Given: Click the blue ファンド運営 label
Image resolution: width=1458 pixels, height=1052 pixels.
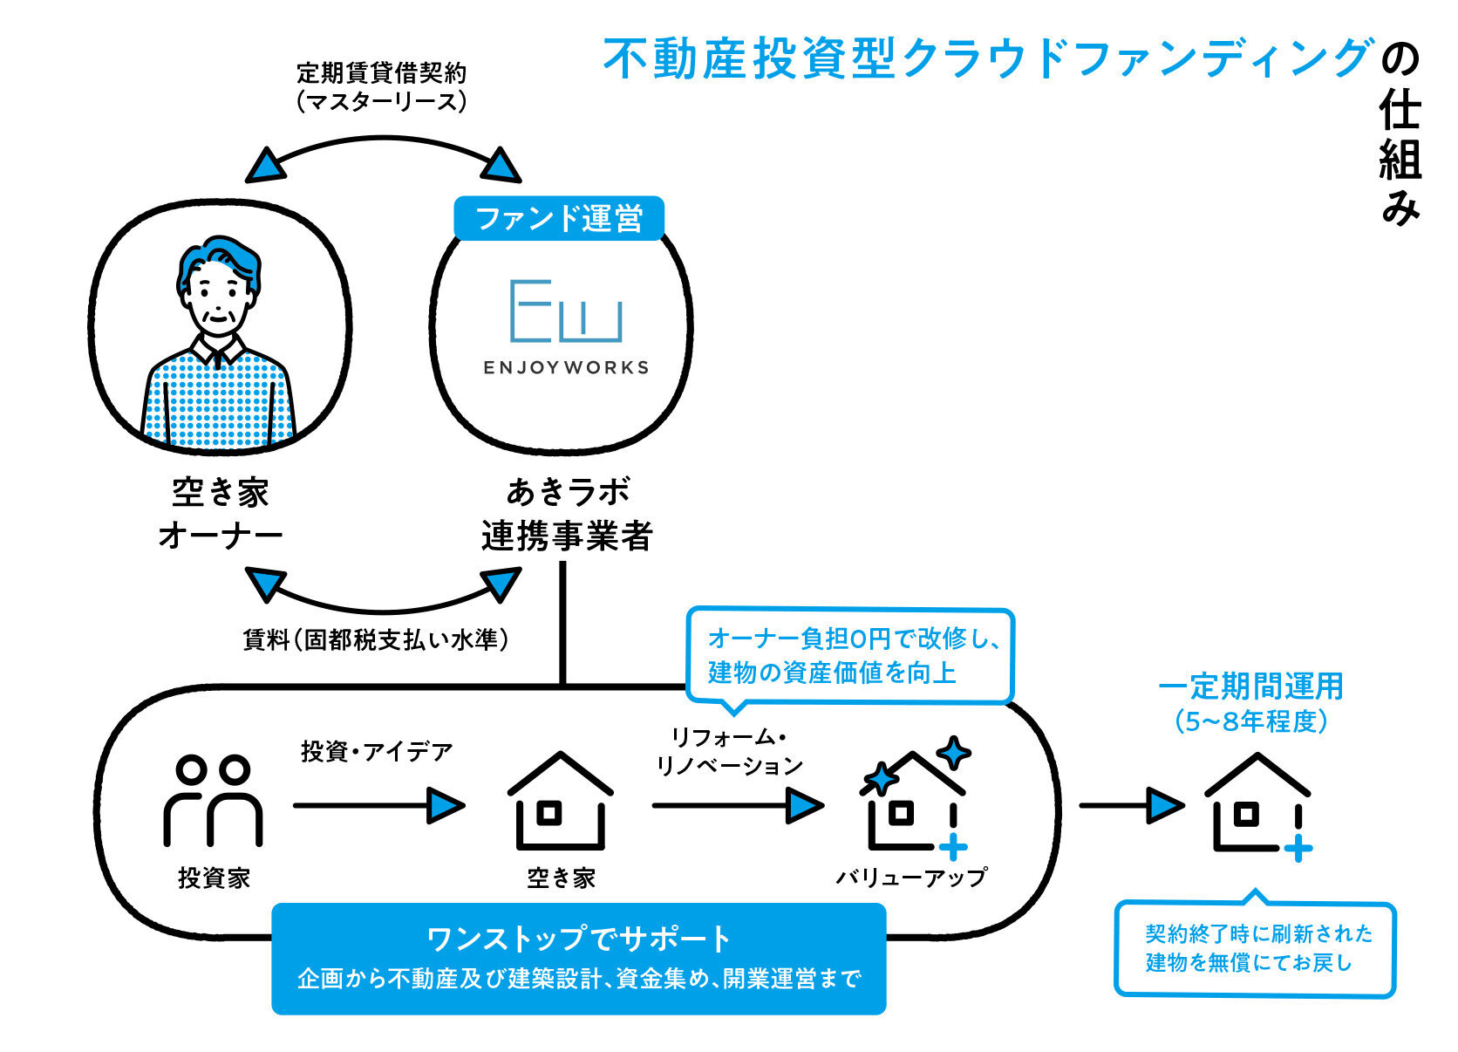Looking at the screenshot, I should pyautogui.click(x=559, y=217).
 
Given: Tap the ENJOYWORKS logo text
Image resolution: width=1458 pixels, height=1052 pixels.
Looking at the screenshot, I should pyautogui.click(x=566, y=367).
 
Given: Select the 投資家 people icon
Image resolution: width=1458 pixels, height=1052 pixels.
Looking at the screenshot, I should pyautogui.click(x=213, y=801).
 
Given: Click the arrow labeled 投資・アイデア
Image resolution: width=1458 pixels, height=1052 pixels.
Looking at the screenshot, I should pyautogui.click(x=378, y=804).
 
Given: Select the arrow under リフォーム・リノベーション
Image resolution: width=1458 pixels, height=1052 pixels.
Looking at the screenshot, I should pyautogui.click(x=737, y=804).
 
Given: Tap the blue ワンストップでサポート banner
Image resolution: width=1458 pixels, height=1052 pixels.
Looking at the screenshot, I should pyautogui.click(x=579, y=958).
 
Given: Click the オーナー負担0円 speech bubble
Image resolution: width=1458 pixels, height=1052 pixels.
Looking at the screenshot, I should pyautogui.click(x=850, y=655).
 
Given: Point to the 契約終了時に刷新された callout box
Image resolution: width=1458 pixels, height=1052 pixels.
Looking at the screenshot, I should pyautogui.click(x=1255, y=948).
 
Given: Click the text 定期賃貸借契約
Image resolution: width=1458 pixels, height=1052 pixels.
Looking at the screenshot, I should pyautogui.click(x=381, y=72).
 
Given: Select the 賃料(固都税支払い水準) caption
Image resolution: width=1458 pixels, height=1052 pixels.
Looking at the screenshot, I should pyautogui.click(x=376, y=639).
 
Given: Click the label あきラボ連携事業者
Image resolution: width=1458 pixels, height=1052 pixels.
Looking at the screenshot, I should pyautogui.click(x=567, y=514).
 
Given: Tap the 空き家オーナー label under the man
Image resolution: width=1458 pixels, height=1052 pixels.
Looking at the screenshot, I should pyautogui.click(x=220, y=514).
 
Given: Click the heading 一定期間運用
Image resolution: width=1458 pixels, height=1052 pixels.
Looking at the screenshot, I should pyautogui.click(x=1250, y=687).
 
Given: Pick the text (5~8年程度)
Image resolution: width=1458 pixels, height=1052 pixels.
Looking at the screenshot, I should pyautogui.click(x=1250, y=721).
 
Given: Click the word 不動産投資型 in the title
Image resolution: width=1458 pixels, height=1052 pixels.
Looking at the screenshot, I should pyautogui.click(x=750, y=58).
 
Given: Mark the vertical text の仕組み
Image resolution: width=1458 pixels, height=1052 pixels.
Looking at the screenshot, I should pyautogui.click(x=1400, y=135).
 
